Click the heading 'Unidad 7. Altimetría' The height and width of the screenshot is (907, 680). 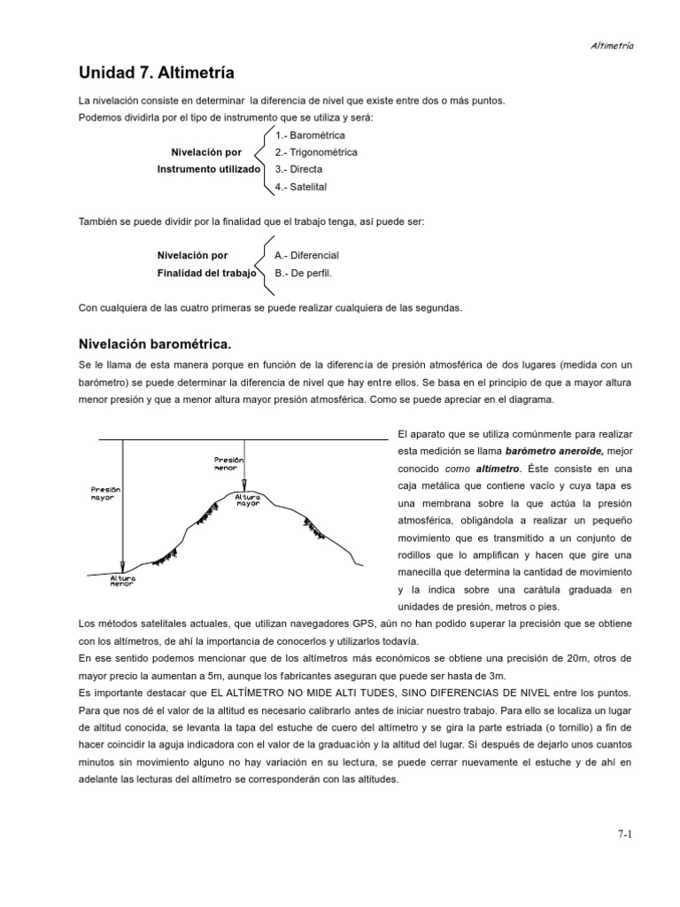click(x=157, y=72)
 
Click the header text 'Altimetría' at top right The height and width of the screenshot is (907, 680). click(x=612, y=45)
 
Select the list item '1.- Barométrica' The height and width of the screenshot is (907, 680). click(x=310, y=136)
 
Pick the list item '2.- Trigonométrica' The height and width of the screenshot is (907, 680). click(x=316, y=151)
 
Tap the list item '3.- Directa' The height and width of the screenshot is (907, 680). click(x=298, y=168)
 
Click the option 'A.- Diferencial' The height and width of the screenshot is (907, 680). click(x=307, y=255)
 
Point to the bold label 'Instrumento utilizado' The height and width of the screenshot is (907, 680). click(x=209, y=168)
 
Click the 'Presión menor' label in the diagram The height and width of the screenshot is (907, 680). click(x=228, y=463)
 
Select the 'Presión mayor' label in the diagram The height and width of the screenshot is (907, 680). click(x=104, y=492)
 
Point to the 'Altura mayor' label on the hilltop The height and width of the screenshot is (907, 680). click(x=248, y=500)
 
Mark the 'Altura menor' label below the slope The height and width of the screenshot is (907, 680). click(x=122, y=580)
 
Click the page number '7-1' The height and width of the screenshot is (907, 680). click(x=626, y=834)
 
